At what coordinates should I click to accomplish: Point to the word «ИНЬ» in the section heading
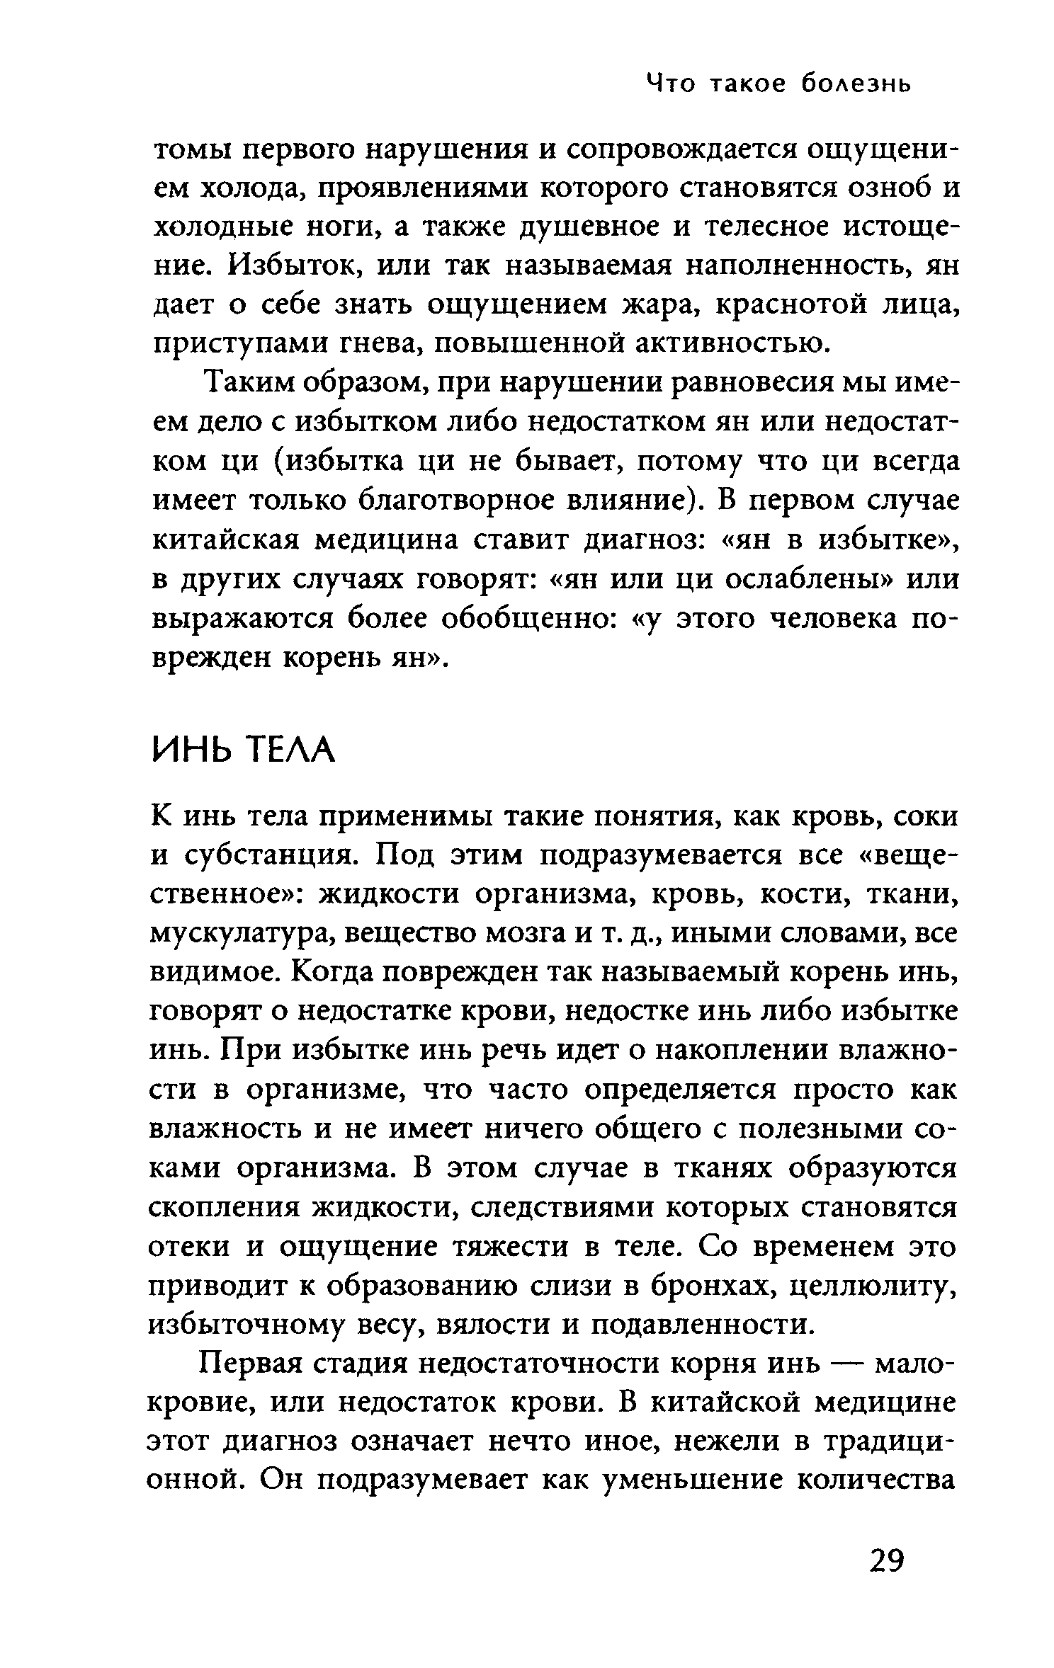coord(190,751)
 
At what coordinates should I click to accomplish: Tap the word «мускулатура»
coord(244,934)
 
